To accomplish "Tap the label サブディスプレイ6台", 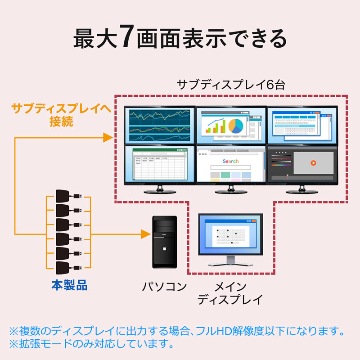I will tap(231, 85).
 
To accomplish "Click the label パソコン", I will tap(164, 286).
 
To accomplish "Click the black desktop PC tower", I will tap(164, 242).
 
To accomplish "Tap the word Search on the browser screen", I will tap(230, 161).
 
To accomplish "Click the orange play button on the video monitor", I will tap(313, 163).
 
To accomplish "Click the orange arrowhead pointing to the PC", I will tap(144, 234).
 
